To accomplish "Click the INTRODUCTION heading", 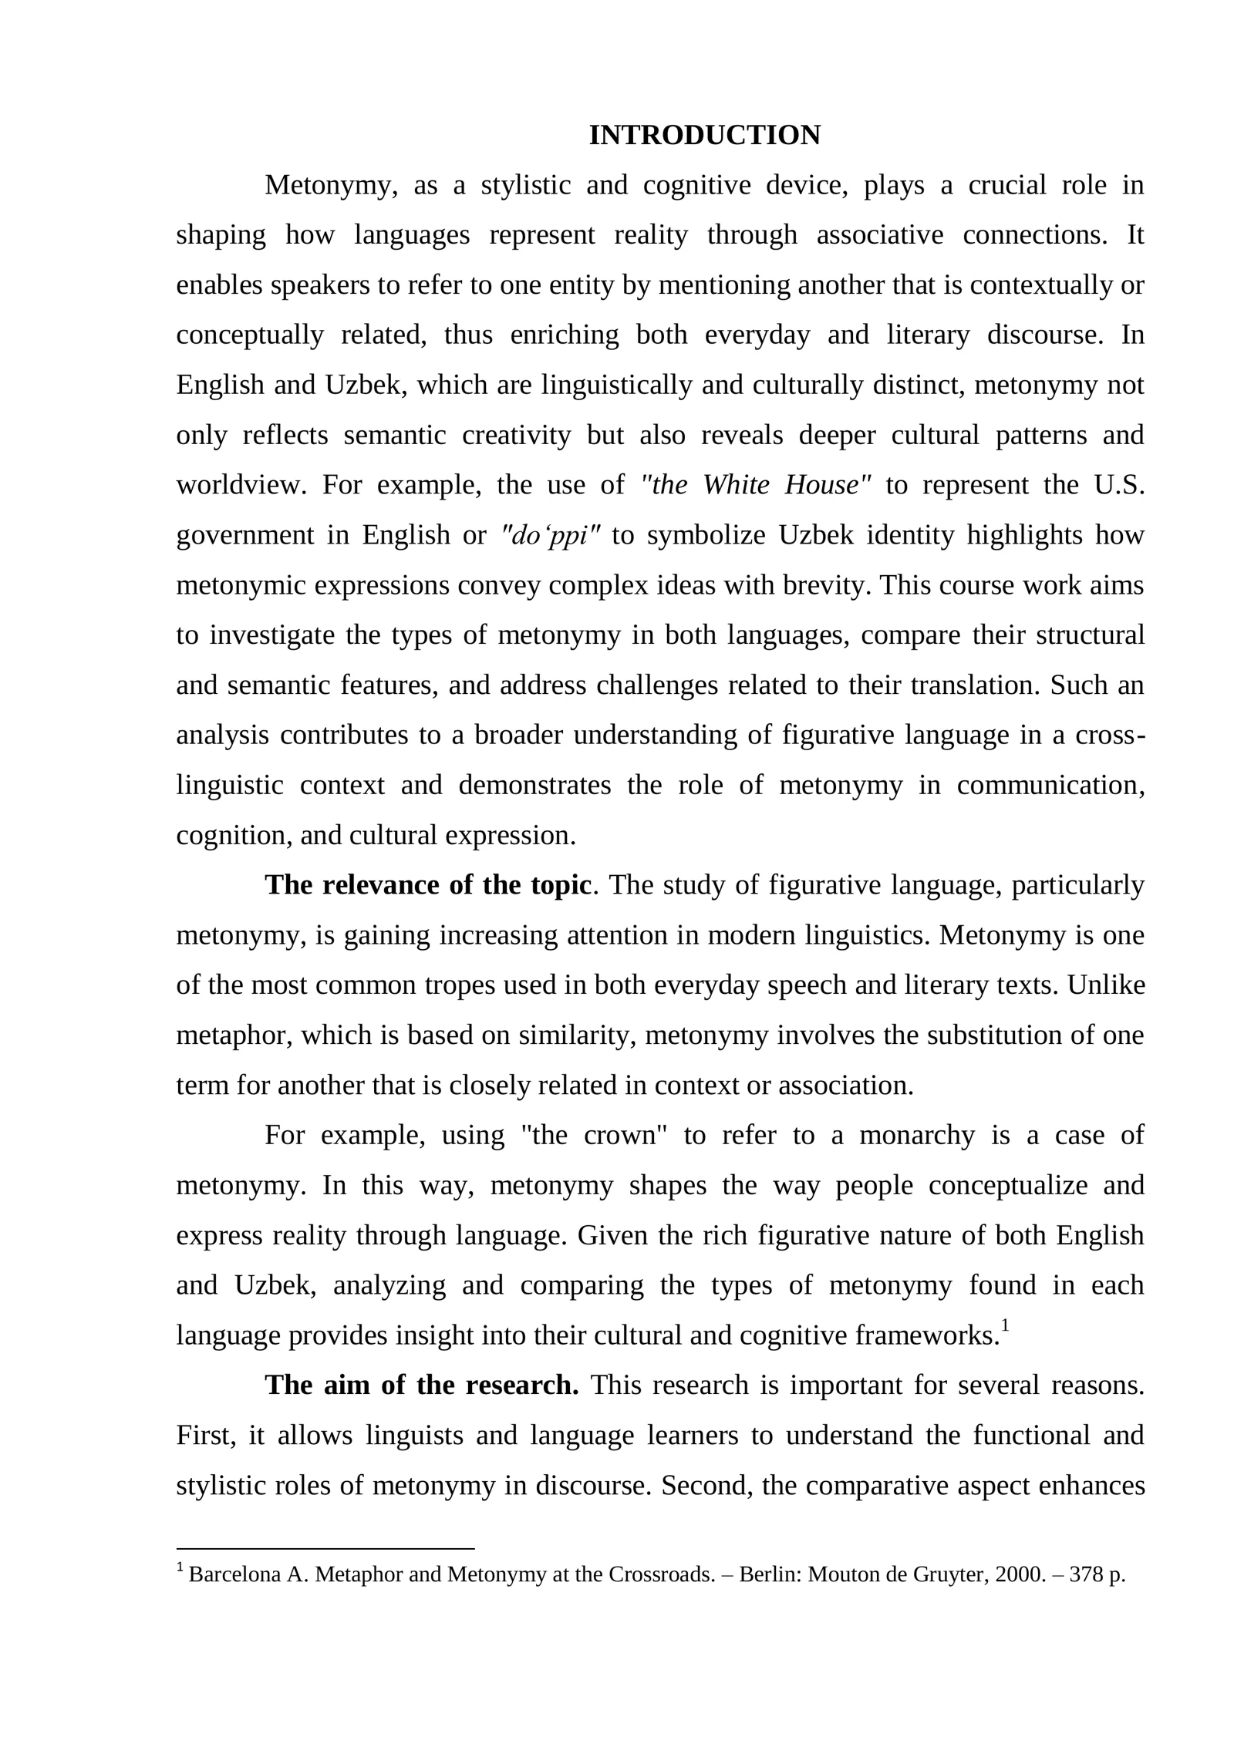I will pos(704,136).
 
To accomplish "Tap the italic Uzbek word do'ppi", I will pos(551,535).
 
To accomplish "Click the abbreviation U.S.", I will pos(1118,485).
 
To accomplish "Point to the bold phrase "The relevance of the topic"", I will pos(428,885).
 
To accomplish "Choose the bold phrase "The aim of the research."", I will pos(421,1385).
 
